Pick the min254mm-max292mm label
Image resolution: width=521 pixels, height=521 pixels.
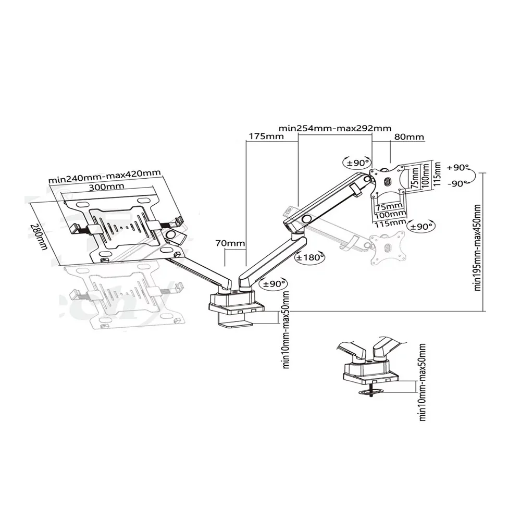[x=334, y=128]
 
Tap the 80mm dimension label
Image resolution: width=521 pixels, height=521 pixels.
[x=409, y=138]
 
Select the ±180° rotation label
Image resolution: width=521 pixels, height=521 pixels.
[x=309, y=257]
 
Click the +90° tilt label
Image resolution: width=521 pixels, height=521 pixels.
[x=458, y=168]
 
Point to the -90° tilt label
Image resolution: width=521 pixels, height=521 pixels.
[x=458, y=183]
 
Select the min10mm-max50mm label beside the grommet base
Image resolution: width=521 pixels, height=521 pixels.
[x=423, y=382]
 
